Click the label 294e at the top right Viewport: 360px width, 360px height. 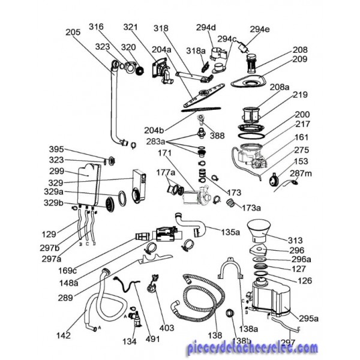click(x=260, y=29)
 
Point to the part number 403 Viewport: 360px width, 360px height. click(x=167, y=328)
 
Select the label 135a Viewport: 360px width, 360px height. click(x=230, y=231)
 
